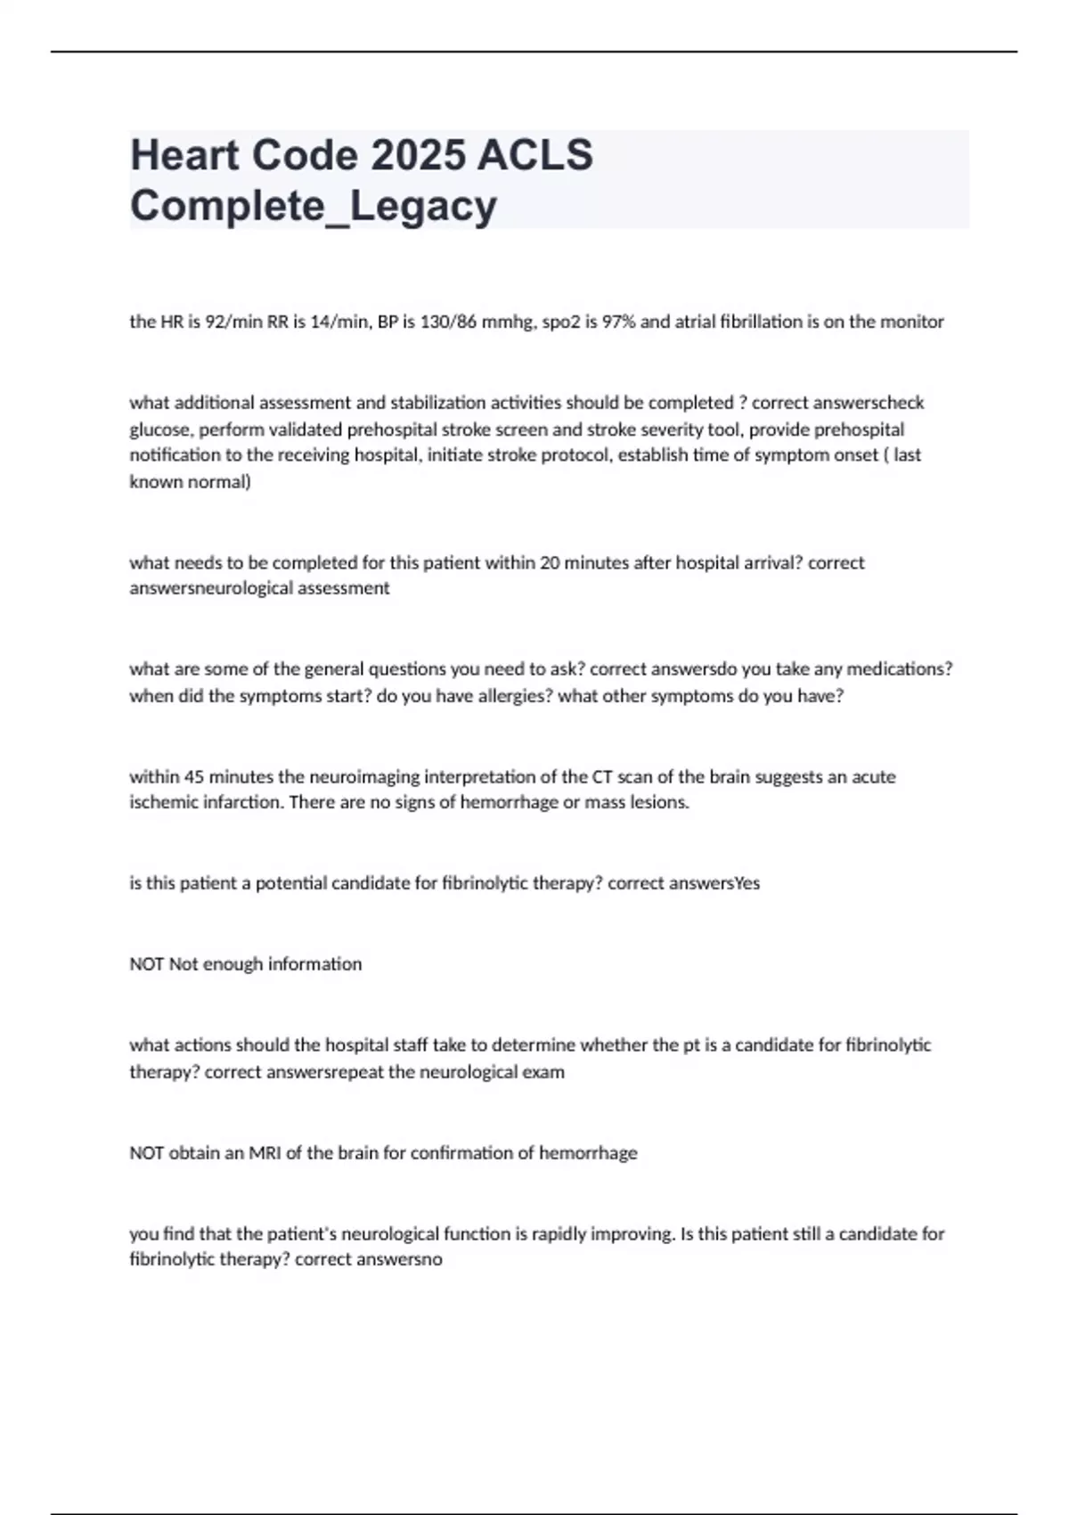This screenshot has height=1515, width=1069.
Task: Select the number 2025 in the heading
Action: [x=418, y=155]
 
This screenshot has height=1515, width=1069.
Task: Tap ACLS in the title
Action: [x=535, y=155]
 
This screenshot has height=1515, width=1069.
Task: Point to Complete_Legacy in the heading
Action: [x=314, y=206]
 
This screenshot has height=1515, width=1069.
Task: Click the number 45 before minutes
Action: [x=194, y=776]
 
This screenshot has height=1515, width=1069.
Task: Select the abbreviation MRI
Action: [x=265, y=1152]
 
